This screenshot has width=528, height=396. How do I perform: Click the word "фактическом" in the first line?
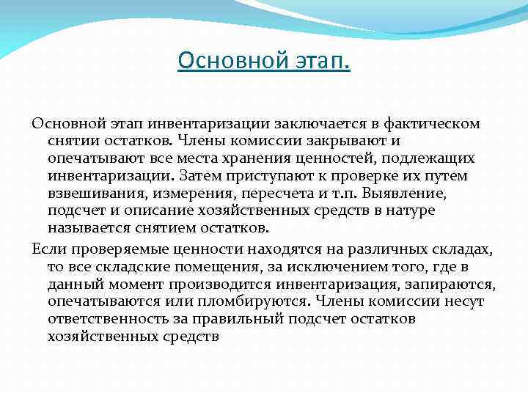433,123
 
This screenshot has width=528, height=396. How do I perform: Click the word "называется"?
87,228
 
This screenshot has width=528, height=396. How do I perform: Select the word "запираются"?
455,283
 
